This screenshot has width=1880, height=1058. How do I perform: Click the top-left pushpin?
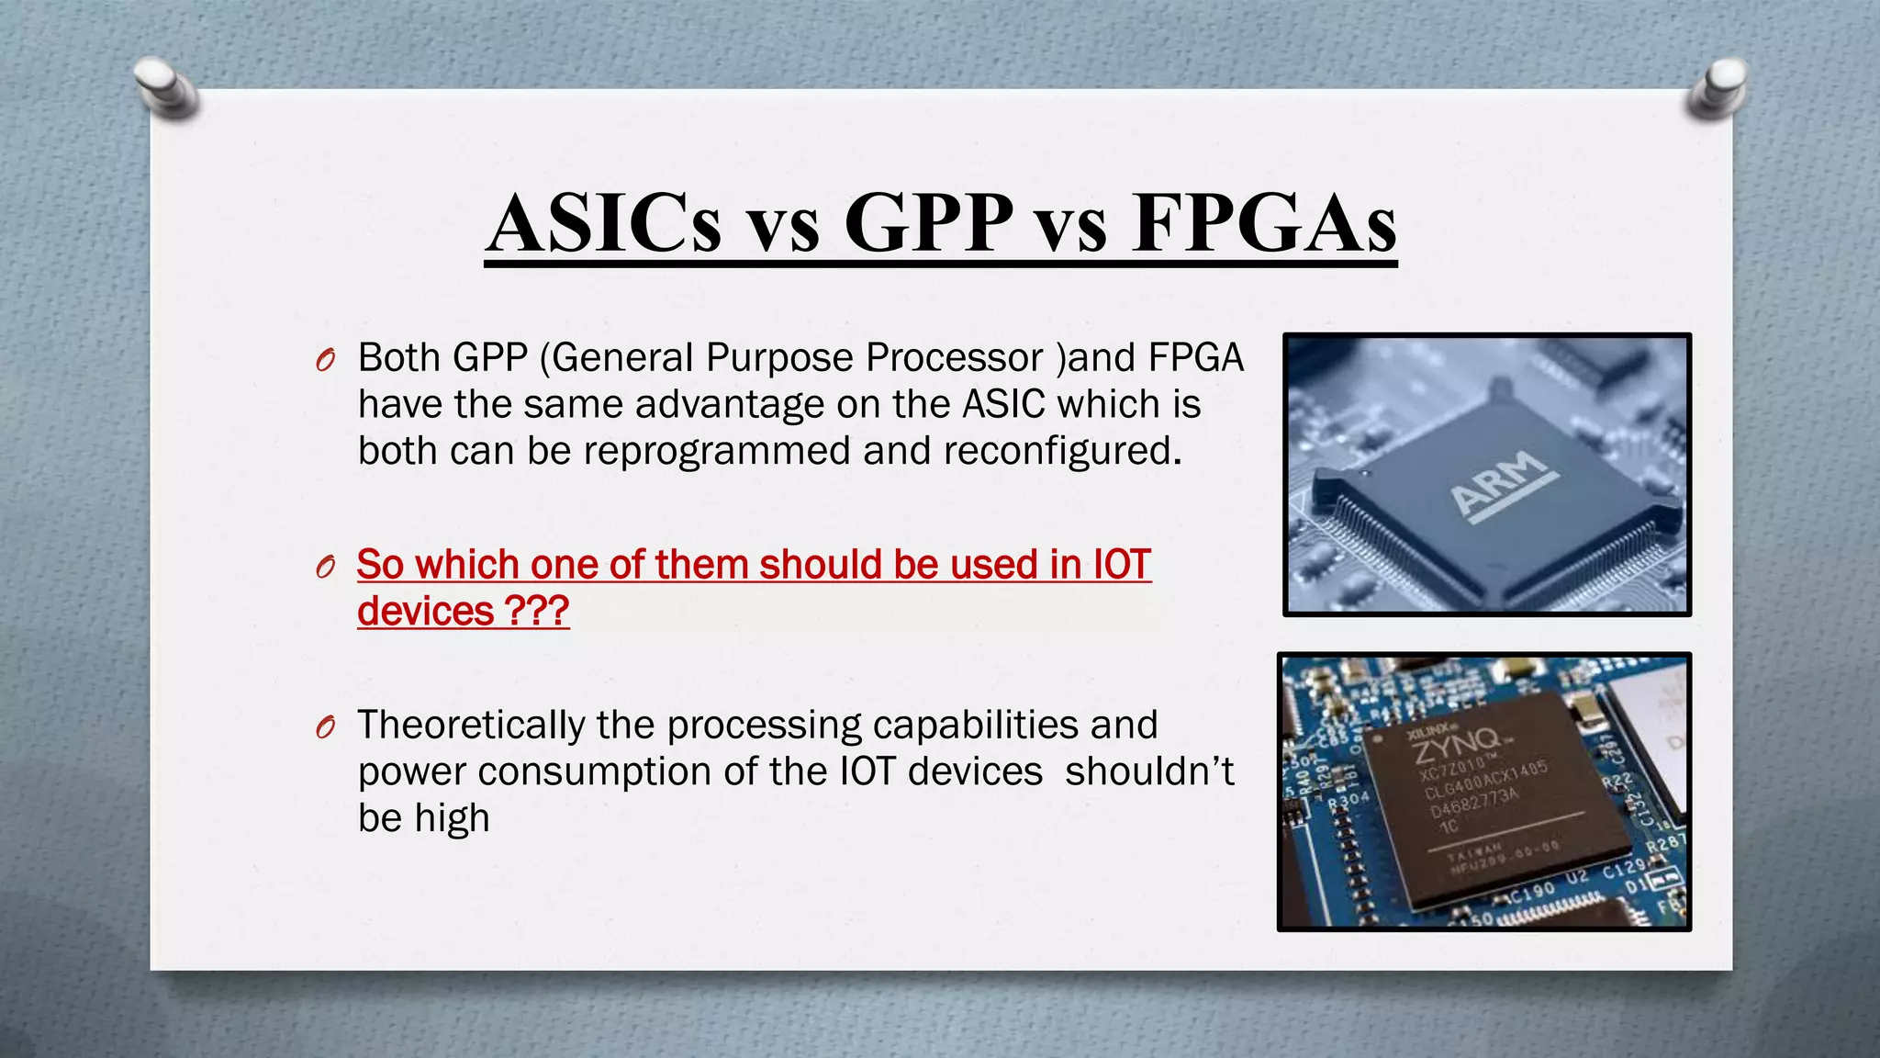point(165,87)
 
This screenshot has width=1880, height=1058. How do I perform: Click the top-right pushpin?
point(1716,87)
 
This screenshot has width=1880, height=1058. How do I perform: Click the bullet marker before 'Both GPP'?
point(324,361)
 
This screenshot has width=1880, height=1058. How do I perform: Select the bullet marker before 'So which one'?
point(324,568)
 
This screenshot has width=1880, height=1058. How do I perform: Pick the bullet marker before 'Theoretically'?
point(324,728)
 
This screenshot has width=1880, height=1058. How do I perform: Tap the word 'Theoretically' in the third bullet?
point(471,726)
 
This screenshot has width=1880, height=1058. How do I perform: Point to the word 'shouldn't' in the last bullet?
point(1149,771)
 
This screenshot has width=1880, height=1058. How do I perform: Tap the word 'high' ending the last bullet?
point(452,819)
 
